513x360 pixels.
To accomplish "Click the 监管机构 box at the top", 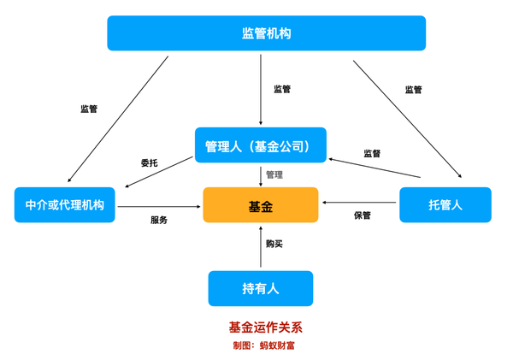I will [266, 33].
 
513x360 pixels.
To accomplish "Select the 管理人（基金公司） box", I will [260, 145].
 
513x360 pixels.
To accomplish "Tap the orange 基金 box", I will [260, 205].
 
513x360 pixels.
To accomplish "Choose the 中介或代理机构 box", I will [64, 205].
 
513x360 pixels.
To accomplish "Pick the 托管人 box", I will [445, 205].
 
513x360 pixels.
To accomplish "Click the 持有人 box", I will [260, 289].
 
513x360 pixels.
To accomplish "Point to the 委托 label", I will [150, 162].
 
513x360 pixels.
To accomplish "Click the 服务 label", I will [159, 220].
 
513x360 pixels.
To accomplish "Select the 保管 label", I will [363, 215].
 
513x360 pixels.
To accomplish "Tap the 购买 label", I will [274, 244].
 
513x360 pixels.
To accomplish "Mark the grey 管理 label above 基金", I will [274, 175].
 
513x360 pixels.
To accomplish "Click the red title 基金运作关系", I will [265, 328].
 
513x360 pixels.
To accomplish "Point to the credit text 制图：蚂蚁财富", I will [264, 345].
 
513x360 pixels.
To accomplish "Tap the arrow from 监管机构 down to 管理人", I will [261, 90].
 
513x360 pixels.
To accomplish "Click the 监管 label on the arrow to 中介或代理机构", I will [89, 109].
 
